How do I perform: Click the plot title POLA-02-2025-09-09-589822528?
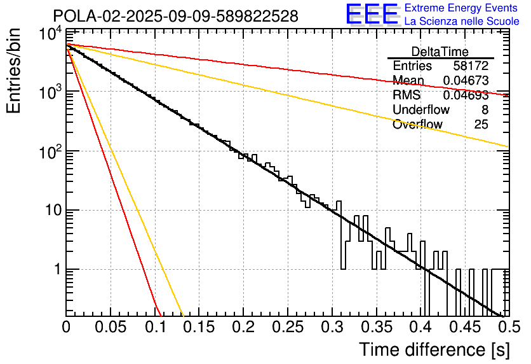[x=175, y=16]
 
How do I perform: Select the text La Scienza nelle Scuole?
[x=462, y=22]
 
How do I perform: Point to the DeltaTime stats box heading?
[x=440, y=52]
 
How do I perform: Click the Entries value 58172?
[x=471, y=66]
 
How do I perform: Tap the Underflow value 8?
[x=485, y=110]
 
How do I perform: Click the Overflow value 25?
[x=481, y=125]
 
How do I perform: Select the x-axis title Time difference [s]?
[x=434, y=349]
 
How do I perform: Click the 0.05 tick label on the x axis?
[x=110, y=327]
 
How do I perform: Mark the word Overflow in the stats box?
[x=417, y=125]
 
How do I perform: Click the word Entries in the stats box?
[x=412, y=66]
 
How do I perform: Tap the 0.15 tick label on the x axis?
[x=198, y=327]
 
